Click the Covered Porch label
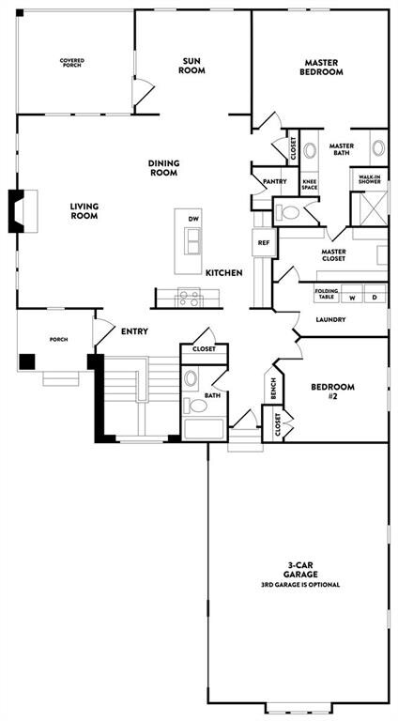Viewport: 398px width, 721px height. (x=72, y=63)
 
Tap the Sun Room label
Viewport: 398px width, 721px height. (x=193, y=64)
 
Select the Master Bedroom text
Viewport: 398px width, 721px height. (x=321, y=67)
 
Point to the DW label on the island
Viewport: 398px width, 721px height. (x=193, y=219)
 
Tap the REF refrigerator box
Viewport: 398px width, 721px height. (x=264, y=242)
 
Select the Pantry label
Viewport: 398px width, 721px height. (x=274, y=181)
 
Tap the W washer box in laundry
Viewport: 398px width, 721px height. (x=352, y=298)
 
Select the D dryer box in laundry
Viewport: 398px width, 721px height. (x=375, y=298)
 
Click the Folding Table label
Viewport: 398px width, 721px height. (x=327, y=293)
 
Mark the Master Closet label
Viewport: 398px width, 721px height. (x=333, y=255)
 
